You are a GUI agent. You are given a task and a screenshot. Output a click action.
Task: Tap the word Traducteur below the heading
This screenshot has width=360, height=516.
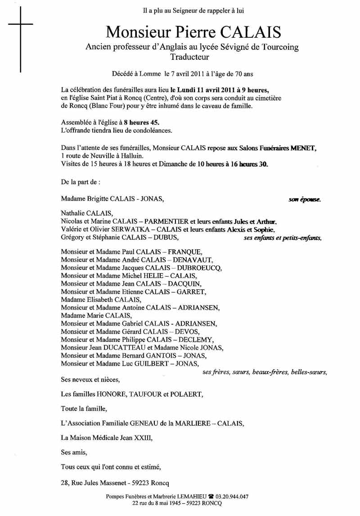[x=190, y=57]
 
